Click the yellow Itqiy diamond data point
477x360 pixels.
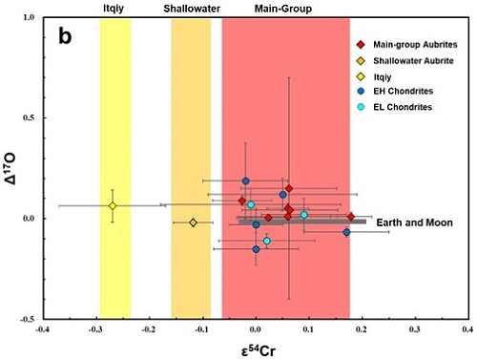pyautogui.click(x=113, y=205)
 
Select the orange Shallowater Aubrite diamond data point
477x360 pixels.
pyautogui.click(x=193, y=222)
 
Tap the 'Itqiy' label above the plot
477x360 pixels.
pyautogui.click(x=115, y=8)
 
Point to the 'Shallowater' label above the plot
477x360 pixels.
pyautogui.click(x=191, y=8)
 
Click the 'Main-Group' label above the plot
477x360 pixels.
pyautogui.click(x=285, y=8)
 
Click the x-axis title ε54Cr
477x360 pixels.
pyautogui.click(x=253, y=349)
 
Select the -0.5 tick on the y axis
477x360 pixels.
pyautogui.click(x=25, y=319)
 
